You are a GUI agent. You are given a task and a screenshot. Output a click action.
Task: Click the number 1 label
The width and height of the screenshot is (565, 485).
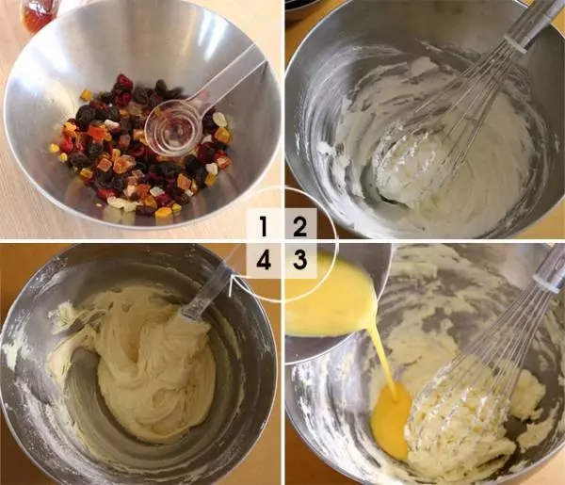point(264,226)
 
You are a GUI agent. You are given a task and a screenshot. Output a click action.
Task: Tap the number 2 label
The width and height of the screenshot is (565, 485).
point(299,226)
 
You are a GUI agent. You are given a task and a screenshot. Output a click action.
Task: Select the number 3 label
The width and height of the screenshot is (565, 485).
point(299,259)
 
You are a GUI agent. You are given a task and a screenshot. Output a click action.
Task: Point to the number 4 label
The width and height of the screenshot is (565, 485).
point(264,259)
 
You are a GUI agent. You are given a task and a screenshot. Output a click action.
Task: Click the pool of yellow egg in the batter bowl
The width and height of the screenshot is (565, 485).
point(391,420)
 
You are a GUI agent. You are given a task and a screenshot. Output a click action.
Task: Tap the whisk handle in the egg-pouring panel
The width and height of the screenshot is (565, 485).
point(550,267)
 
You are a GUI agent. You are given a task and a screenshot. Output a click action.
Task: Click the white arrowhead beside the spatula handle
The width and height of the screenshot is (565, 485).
point(231,284)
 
